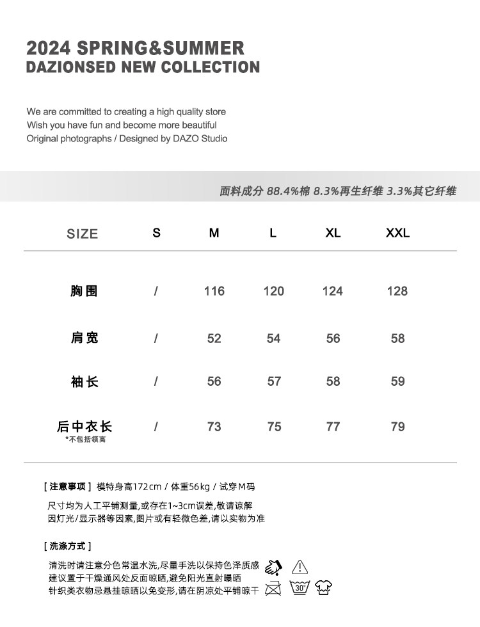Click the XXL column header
coord(397,233)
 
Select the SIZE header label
coord(83,234)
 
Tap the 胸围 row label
coord(84,291)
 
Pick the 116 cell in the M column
coord(214,291)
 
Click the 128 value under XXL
coord(397,291)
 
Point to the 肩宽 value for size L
coord(274,338)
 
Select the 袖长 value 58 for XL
coord(333,381)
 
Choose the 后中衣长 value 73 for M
coord(214,427)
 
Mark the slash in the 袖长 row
coord(156,381)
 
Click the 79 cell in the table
coord(397,427)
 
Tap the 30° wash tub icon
coord(300,587)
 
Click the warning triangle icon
coord(300,566)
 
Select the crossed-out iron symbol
coord(273,587)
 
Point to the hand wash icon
coord(273,566)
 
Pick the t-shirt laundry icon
coord(324,587)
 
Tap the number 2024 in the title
coord(49,48)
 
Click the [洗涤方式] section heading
coord(68,546)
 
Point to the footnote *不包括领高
coord(85,440)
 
